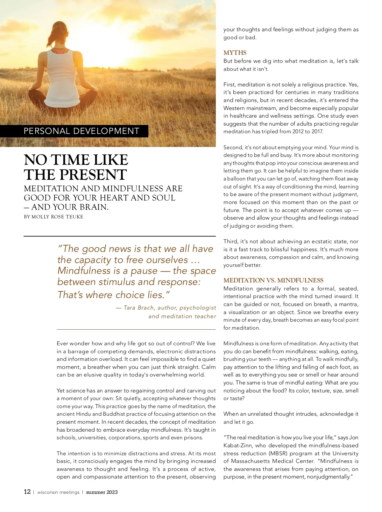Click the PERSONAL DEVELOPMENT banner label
pyautogui.click(x=81, y=131)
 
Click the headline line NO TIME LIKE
pyautogui.click(x=76, y=160)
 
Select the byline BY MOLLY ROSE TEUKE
pyautogui.click(x=53, y=217)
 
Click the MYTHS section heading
pyautogui.click(x=235, y=53)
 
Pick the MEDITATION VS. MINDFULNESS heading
pyautogui.click(x=273, y=280)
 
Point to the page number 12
pyautogui.click(x=27, y=492)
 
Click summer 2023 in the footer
pyautogui.click(x=102, y=492)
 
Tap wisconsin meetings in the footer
pyautogui.click(x=58, y=492)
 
